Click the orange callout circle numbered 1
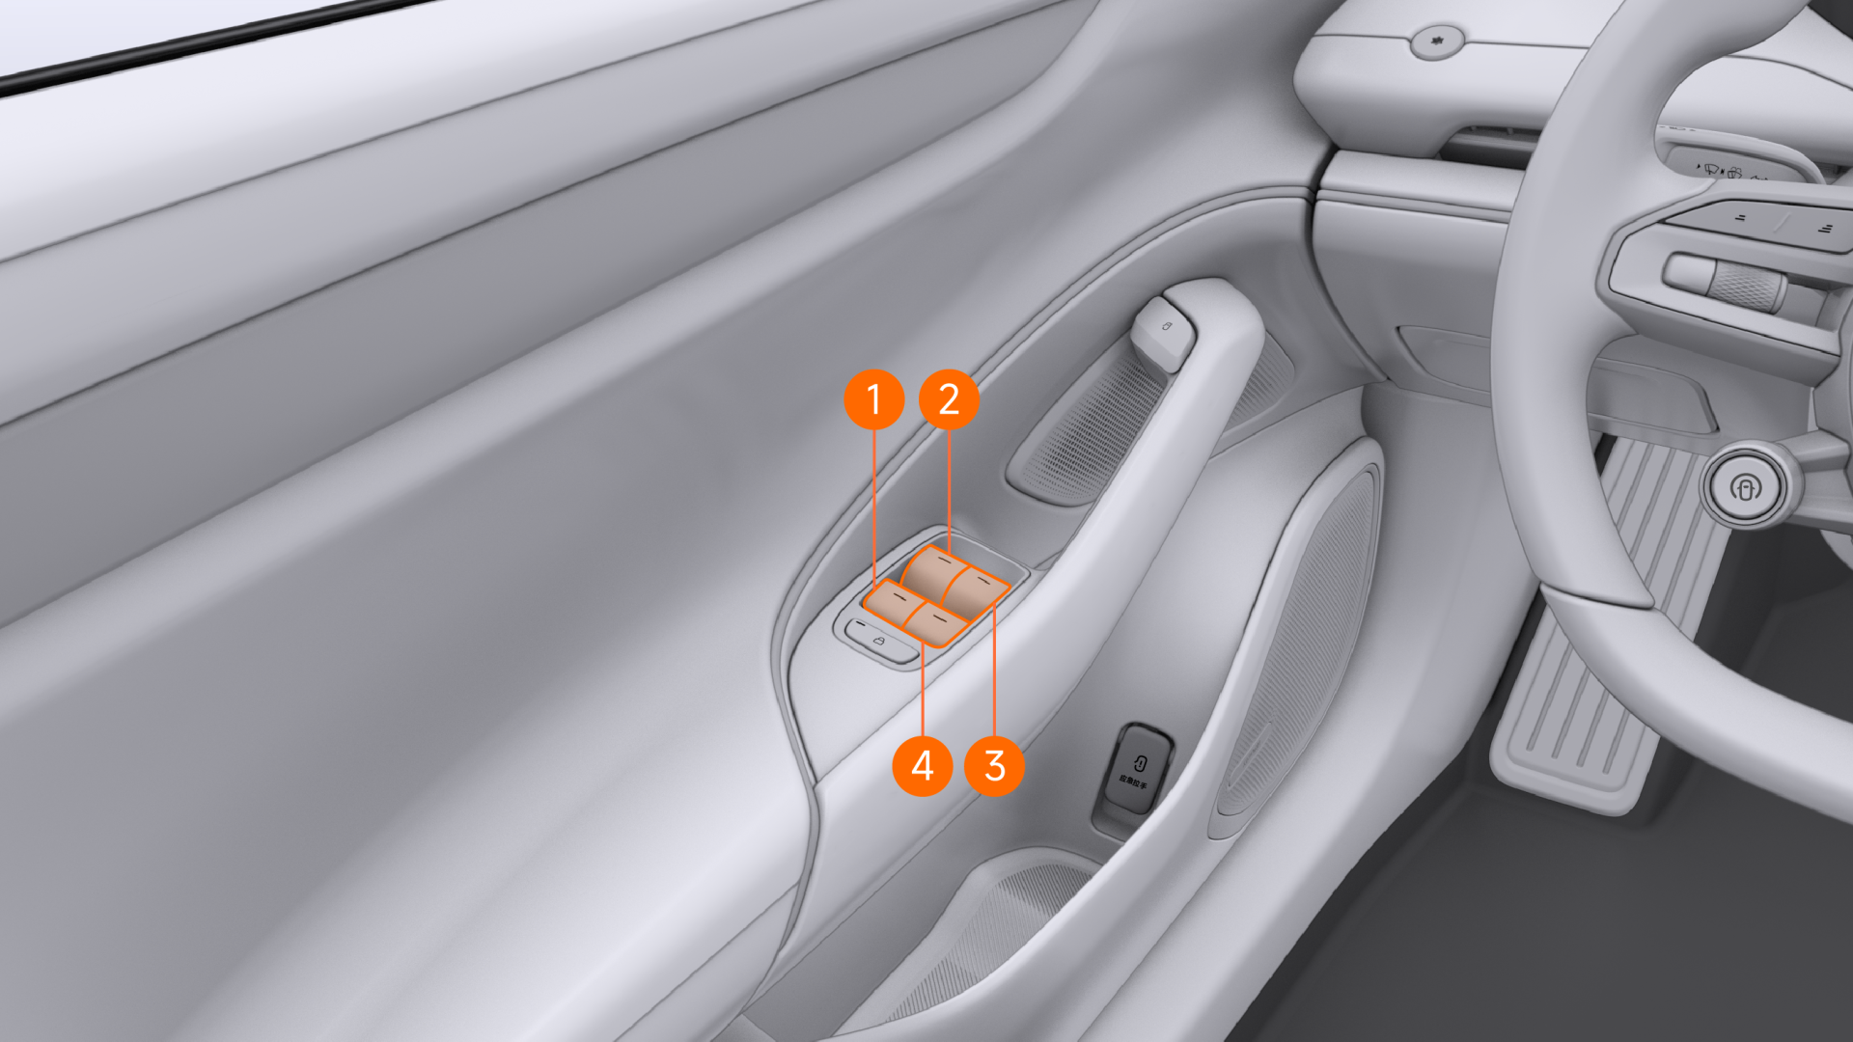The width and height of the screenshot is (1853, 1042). (873, 399)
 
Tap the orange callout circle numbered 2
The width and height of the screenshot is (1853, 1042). (949, 399)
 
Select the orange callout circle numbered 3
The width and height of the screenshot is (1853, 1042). (994, 766)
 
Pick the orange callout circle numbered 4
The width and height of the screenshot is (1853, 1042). (923, 766)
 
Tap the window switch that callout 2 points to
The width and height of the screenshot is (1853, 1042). (933, 568)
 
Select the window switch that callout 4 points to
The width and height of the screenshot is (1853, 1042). (936, 622)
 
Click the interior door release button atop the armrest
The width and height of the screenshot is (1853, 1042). (1165, 331)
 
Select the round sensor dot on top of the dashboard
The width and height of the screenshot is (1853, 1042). (1437, 41)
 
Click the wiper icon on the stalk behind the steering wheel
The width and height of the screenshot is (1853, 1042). (1711, 170)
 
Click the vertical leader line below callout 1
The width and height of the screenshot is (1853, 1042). (874, 507)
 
